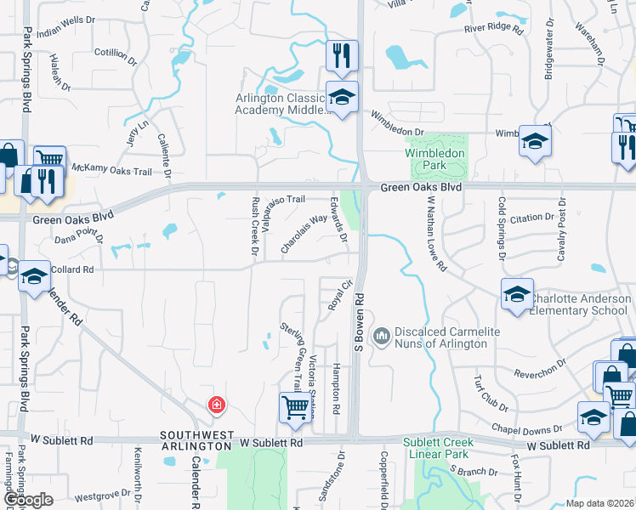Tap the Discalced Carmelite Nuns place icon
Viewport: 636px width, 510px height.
(382, 337)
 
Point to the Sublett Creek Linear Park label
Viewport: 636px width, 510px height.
(445, 449)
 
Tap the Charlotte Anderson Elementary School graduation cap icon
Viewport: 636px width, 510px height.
(517, 293)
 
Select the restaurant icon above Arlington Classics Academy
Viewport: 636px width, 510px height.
(342, 56)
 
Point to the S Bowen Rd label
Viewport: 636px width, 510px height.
(359, 323)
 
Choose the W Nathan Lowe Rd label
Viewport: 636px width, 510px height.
(437, 234)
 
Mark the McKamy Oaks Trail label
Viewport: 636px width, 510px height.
(111, 171)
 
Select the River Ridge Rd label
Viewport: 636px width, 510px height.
(493, 28)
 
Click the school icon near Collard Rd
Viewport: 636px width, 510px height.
(34, 276)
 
